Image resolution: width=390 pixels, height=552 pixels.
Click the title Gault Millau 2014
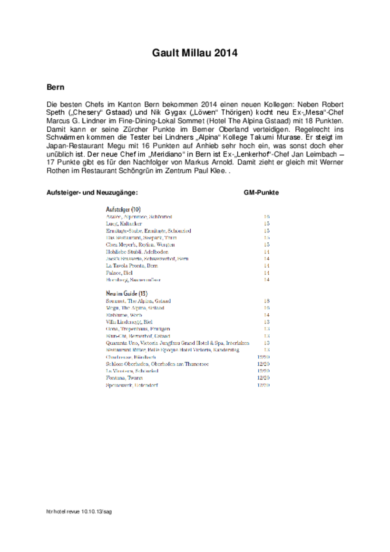pos(195,53)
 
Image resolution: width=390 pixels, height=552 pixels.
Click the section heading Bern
pos(55,87)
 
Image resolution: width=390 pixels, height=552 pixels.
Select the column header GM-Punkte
pos(261,193)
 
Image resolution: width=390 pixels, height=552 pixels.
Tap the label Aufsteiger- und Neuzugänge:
pos(92,193)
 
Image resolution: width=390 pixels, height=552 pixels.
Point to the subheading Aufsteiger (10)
pos(123,209)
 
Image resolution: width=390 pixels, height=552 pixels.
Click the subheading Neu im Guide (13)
pos(127,293)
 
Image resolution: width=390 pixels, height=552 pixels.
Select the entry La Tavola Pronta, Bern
pos(132,266)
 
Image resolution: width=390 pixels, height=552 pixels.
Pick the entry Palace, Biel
pos(119,273)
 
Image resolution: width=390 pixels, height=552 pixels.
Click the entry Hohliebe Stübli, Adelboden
pos(137,252)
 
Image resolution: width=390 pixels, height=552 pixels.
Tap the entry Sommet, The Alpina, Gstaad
pos(138,301)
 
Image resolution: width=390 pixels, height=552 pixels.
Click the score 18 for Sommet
pos(267,301)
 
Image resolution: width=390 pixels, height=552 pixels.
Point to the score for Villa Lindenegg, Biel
pos(267,322)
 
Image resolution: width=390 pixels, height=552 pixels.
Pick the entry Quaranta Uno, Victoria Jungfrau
pos(177,343)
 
